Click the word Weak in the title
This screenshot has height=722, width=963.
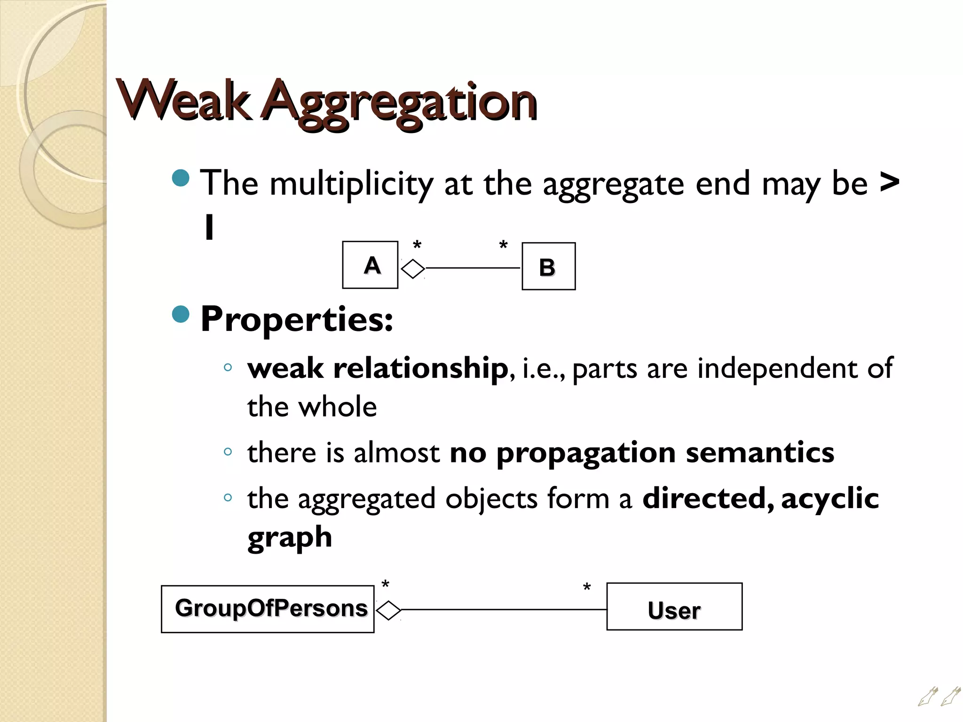point(184,101)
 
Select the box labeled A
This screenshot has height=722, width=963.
point(370,265)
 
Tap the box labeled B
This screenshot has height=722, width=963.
point(548,267)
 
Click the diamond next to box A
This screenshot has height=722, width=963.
point(413,269)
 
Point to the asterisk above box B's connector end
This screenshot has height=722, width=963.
point(503,245)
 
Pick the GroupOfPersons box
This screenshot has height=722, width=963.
point(268,609)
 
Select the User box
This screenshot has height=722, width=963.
point(674,607)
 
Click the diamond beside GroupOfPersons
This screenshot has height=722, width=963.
point(388,611)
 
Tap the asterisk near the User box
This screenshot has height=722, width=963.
point(586,588)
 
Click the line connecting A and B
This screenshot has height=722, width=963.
point(473,268)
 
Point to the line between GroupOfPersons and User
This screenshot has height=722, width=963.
point(503,610)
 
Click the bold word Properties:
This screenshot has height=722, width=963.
point(297,319)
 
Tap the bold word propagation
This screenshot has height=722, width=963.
point(586,453)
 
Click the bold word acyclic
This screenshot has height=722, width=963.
point(830,498)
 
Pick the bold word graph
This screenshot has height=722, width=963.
point(290,537)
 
